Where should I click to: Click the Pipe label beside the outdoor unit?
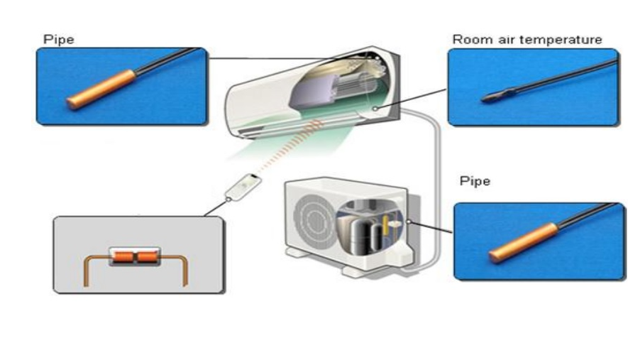(x=475, y=181)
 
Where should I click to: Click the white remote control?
(x=242, y=187)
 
